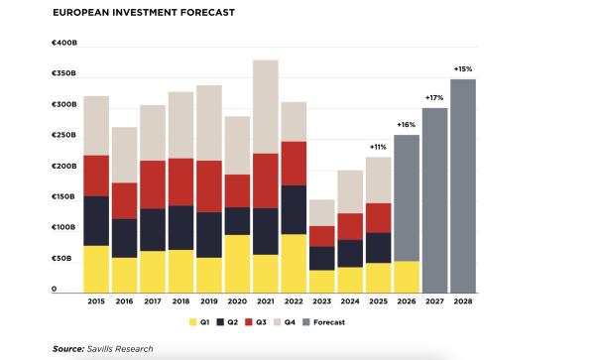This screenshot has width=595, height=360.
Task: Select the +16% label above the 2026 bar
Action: [x=407, y=124]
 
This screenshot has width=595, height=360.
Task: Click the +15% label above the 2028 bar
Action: [x=463, y=68]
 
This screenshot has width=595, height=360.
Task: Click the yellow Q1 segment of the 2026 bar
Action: [x=407, y=277]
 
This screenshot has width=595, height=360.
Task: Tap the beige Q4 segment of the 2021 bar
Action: [x=266, y=106]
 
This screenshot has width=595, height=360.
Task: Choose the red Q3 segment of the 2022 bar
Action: [x=294, y=163]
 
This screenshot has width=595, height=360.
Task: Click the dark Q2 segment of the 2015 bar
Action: [x=96, y=220]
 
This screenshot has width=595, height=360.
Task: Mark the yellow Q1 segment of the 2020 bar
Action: [x=237, y=263]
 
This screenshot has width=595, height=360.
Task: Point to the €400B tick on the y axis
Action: [x=64, y=44]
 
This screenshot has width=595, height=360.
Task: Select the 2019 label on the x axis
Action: [x=209, y=300]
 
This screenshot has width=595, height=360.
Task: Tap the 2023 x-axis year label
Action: [x=321, y=300]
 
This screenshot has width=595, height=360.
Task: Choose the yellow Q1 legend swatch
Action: [x=192, y=321]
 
